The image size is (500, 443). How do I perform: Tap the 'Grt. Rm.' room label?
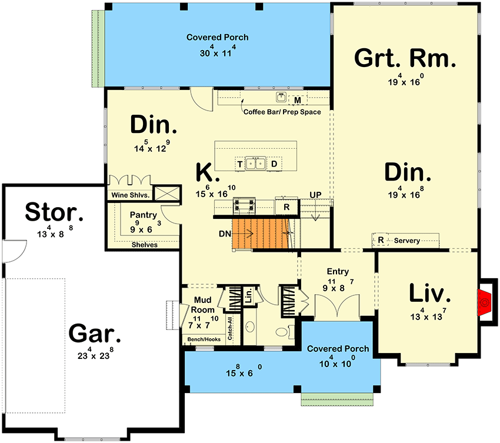click(405, 58)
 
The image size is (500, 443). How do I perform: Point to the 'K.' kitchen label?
click(208, 173)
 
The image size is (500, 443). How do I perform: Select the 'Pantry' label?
click(143, 215)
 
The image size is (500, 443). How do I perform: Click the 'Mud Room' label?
click(202, 305)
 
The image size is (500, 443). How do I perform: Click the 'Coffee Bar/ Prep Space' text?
click(282, 112)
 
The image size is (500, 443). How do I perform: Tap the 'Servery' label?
click(407, 241)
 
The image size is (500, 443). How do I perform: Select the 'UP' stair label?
click(316, 195)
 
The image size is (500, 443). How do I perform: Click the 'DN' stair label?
click(224, 234)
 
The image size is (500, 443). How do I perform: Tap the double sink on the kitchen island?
click(256, 164)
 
